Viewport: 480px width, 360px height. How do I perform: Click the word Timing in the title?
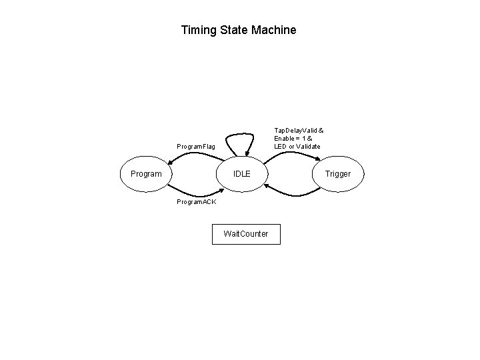(x=197, y=31)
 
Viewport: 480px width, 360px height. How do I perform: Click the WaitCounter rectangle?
(x=246, y=234)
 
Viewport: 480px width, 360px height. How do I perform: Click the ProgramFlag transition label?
(x=195, y=146)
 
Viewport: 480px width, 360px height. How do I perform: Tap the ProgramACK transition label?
(x=195, y=202)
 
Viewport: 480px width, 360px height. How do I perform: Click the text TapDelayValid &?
(x=299, y=130)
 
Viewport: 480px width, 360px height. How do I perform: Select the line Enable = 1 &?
(x=293, y=138)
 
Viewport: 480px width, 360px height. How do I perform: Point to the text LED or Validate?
(x=297, y=146)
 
